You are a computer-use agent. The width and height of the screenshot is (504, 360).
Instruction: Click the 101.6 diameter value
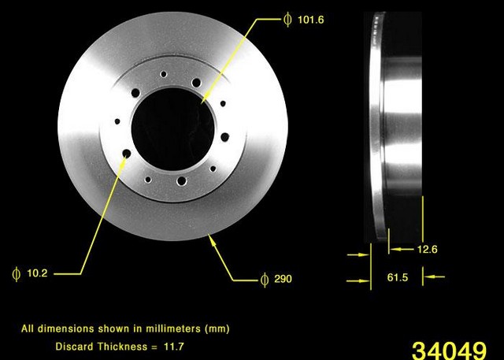click(x=309, y=20)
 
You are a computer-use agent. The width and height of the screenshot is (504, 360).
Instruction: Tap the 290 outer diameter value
click(x=283, y=279)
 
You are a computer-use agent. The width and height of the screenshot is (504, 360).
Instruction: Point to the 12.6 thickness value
click(x=428, y=250)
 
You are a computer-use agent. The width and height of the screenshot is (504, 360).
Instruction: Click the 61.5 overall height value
click(x=396, y=276)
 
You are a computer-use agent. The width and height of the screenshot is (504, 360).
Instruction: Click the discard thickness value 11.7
click(x=177, y=345)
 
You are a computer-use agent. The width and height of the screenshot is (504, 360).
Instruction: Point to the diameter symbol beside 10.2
click(x=15, y=273)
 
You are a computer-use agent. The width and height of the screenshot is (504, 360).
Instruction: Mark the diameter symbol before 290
click(x=264, y=279)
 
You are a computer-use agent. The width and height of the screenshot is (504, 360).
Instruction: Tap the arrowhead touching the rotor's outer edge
click(x=210, y=238)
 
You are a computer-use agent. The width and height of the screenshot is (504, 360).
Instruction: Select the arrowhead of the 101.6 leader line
click(x=202, y=101)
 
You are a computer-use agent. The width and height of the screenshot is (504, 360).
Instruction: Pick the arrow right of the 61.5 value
click(x=429, y=276)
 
